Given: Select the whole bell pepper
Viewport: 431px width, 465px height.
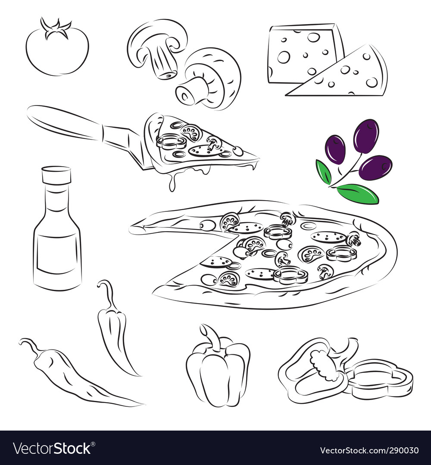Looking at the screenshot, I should tap(218, 370).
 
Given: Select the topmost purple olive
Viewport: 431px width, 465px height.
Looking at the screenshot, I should tap(366, 136).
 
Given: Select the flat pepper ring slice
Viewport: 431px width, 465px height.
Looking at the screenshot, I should tap(379, 379).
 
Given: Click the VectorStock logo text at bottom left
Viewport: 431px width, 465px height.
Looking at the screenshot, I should tap(52, 449).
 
